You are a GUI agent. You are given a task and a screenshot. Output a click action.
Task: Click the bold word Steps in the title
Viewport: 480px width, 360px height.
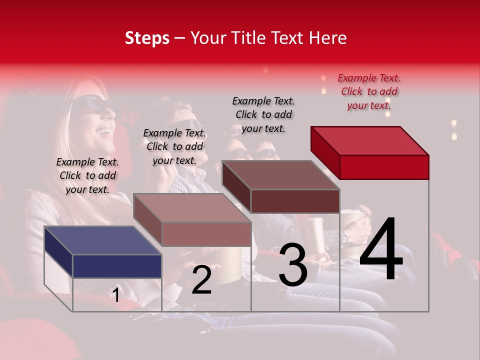[147, 38]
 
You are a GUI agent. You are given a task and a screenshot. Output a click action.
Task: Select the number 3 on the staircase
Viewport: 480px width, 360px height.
[293, 265]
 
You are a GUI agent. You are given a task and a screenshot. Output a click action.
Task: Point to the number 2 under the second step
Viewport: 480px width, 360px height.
[201, 280]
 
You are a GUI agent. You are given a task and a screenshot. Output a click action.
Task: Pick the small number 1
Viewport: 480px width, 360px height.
[115, 295]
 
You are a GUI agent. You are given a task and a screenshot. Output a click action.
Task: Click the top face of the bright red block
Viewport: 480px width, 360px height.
[370, 140]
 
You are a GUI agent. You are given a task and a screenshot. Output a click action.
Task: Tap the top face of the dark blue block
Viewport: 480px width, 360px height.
[102, 240]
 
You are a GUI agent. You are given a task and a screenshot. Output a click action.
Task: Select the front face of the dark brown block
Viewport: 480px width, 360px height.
[295, 201]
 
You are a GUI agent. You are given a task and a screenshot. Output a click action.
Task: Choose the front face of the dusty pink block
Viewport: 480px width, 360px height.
[206, 234]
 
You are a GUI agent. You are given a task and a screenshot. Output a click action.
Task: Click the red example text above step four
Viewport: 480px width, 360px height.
[369, 91]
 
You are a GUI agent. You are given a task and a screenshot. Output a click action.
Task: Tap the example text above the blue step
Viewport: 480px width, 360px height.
[87, 175]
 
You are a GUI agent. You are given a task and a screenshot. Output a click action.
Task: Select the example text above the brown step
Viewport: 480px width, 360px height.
[263, 114]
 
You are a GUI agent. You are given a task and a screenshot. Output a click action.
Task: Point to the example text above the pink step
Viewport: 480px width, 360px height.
[174, 146]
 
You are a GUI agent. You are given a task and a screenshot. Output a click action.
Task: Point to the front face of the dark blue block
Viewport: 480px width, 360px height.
[117, 266]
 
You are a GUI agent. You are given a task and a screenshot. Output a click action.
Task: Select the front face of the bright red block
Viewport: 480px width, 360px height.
[384, 167]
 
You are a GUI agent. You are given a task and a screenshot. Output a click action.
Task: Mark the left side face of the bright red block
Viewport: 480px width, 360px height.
[325, 152]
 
